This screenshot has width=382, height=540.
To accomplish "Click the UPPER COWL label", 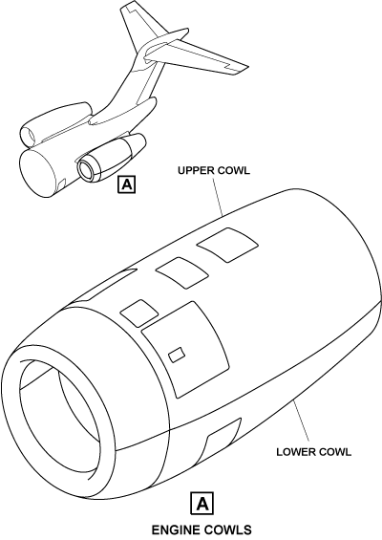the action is [214, 170].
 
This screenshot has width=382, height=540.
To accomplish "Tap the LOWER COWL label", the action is [314, 452].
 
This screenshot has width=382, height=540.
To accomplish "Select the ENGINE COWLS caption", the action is [202, 529].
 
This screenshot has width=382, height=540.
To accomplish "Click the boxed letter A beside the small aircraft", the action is [127, 184].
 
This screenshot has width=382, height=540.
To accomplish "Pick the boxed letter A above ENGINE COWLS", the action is [202, 504].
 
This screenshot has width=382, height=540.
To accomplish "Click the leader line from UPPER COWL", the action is [218, 196].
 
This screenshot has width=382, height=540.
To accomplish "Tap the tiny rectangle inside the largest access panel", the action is [177, 356].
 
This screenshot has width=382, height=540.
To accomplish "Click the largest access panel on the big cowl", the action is [185, 349].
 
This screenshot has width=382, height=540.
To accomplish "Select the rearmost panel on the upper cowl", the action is [227, 244].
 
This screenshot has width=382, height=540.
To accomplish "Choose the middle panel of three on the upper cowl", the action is [182, 272].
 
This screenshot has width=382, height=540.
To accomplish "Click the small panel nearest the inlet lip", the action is [139, 313].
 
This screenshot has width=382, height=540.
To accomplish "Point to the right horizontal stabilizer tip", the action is [244, 68].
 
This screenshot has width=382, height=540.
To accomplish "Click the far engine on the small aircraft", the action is [55, 123].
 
